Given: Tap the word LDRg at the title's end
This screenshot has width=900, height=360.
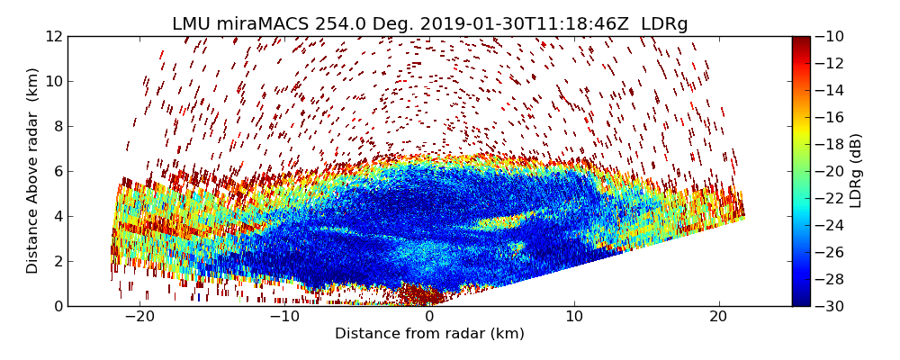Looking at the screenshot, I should click(x=664, y=24).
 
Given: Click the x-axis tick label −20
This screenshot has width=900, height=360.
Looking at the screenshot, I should click(x=139, y=317).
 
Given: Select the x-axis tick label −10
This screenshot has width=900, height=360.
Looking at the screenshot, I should click(x=284, y=317).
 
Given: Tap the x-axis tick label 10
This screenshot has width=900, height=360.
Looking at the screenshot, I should click(x=573, y=317).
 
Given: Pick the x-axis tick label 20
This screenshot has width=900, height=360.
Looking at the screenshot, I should click(x=718, y=317).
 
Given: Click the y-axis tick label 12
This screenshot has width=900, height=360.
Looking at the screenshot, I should click(x=53, y=36).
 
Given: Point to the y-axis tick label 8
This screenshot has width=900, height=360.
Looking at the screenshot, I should click(x=57, y=126).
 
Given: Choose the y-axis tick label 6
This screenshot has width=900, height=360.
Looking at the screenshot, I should click(x=57, y=171).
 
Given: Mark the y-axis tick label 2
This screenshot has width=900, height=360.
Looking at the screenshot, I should click(x=57, y=261).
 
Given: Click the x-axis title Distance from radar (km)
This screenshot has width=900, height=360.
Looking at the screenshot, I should click(x=429, y=334).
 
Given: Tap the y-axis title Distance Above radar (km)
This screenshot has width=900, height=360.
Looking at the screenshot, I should click(x=32, y=171).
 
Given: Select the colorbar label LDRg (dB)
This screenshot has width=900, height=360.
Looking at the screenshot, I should click(x=856, y=171).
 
